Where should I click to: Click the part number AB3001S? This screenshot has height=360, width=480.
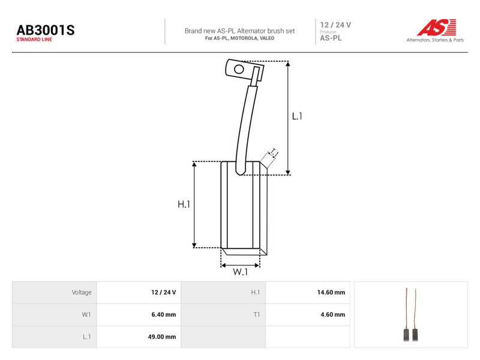(x=46, y=30)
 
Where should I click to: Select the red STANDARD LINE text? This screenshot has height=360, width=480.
(x=34, y=40)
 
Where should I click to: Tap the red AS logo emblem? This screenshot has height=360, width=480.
(x=437, y=27)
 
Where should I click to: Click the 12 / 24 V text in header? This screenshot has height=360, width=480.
(x=335, y=25)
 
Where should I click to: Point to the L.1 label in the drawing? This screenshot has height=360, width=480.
(x=297, y=116)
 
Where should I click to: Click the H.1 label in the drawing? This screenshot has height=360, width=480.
(x=184, y=204)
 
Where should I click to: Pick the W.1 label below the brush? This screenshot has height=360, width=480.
(x=241, y=272)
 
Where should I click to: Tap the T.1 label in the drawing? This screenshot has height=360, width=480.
(x=274, y=153)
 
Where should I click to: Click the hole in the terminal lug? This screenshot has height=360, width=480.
(x=239, y=69)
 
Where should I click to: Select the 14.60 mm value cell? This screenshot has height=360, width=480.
(x=331, y=292)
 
